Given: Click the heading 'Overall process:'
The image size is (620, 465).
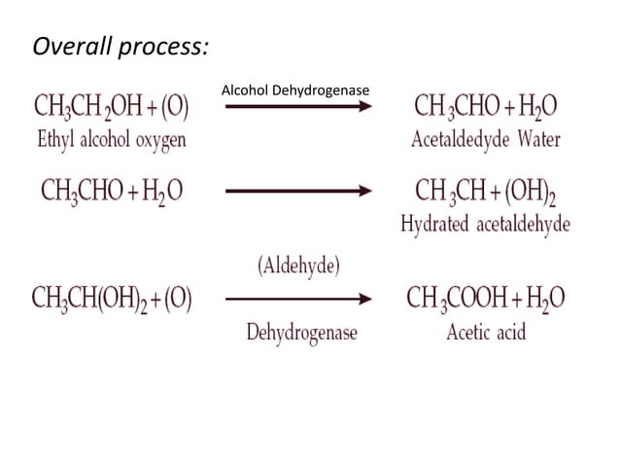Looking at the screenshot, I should pyautogui.click(x=121, y=46).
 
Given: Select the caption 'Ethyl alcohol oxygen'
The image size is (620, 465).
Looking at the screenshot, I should pyautogui.click(x=111, y=139).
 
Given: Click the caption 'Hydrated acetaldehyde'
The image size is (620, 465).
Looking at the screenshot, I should pyautogui.click(x=485, y=225).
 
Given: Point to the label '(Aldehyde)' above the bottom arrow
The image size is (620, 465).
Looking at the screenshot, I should pyautogui.click(x=298, y=266).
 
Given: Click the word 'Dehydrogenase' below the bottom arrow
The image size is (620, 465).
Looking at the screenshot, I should pyautogui.click(x=300, y=333).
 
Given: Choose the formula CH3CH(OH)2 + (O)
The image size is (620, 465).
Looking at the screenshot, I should pyautogui.click(x=112, y=299).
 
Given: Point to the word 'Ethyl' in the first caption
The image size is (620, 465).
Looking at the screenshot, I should pyautogui.click(x=54, y=139).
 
